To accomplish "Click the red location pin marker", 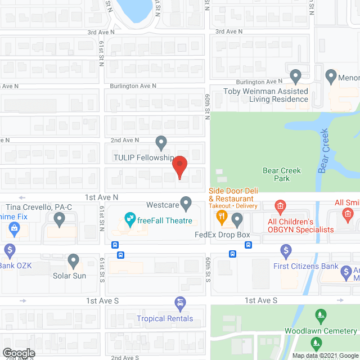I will (x=179, y=166).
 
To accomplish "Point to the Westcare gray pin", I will (x=186, y=202).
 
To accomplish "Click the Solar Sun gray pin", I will (x=73, y=260).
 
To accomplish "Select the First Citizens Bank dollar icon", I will (x=286, y=250).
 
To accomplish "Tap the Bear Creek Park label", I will (x=282, y=174).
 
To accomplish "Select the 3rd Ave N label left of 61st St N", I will (x=101, y=33).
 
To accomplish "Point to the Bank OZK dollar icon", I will (x=10, y=250).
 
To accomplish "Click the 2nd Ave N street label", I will (x=124, y=139).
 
